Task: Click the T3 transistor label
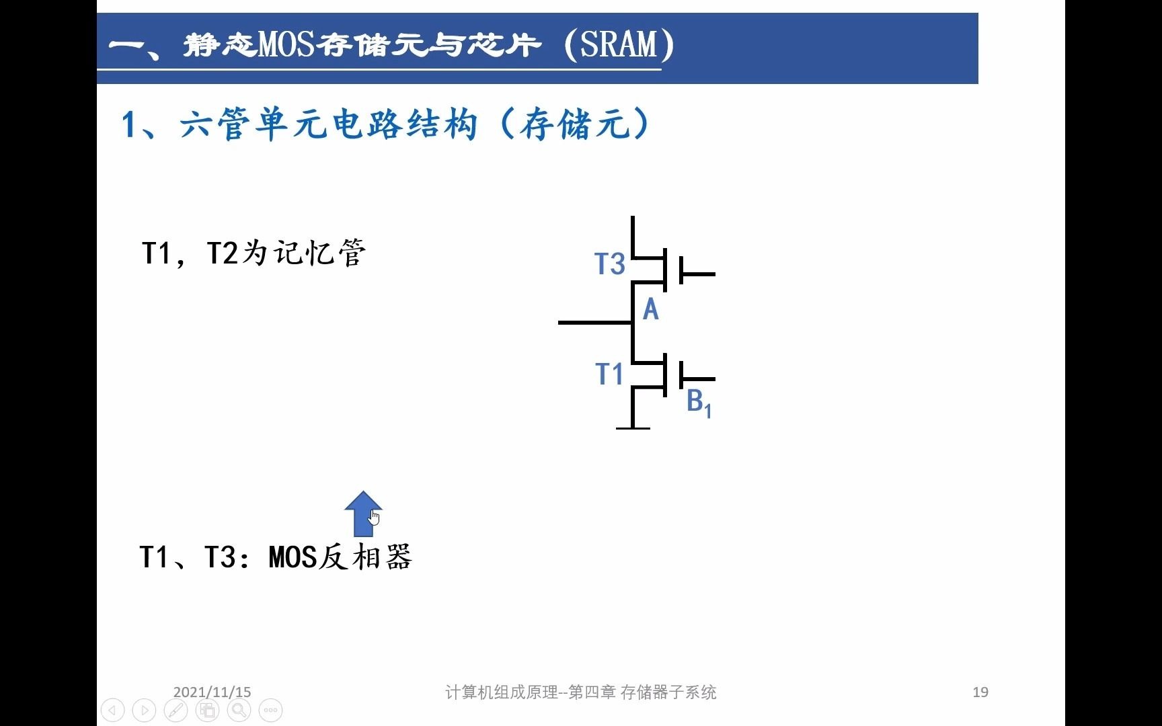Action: click(x=610, y=264)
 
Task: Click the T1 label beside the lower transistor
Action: click(x=610, y=374)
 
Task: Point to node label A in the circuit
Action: click(x=650, y=310)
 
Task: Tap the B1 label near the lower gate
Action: click(x=699, y=403)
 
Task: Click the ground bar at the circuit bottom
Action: click(x=633, y=428)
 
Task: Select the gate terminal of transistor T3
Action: click(x=697, y=274)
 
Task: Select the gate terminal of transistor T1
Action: click(x=697, y=379)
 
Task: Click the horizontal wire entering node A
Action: click(x=595, y=323)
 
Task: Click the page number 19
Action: click(x=980, y=692)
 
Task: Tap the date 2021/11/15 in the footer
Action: click(x=212, y=692)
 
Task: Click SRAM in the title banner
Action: click(x=618, y=44)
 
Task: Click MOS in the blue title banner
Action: click(x=286, y=44)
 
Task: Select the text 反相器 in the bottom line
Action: click(x=364, y=557)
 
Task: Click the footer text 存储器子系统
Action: click(x=668, y=692)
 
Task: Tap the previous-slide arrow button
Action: click(x=112, y=710)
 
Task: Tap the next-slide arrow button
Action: click(x=144, y=710)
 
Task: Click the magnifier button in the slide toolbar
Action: click(x=239, y=710)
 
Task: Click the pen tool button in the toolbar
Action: click(x=176, y=710)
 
